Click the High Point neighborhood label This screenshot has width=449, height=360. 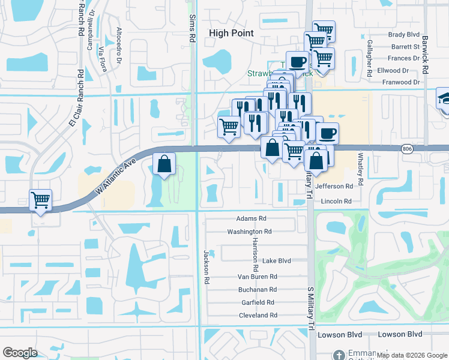pyautogui.click(x=231, y=34)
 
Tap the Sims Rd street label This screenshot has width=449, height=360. pyautogui.click(x=193, y=29)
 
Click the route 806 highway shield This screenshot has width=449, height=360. pyautogui.click(x=407, y=148)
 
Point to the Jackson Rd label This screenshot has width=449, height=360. pyautogui.click(x=206, y=267)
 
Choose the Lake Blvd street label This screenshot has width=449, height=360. pyautogui.click(x=276, y=261)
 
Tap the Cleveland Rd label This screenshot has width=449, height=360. pyautogui.click(x=258, y=315)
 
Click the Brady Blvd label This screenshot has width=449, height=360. pyautogui.click(x=404, y=35)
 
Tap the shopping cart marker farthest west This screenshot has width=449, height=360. pyautogui.click(x=40, y=200)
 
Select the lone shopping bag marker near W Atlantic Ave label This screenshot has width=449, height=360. pyautogui.click(x=164, y=164)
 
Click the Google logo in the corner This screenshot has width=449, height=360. pyautogui.click(x=20, y=353)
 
